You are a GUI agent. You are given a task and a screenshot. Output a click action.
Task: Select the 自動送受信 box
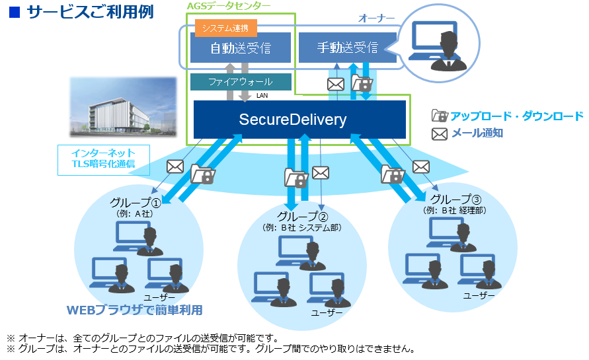240,48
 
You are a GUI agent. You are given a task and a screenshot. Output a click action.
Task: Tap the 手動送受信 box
347,48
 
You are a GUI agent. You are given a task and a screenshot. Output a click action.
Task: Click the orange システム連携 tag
225,28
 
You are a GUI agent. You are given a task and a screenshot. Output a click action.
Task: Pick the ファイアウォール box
241,82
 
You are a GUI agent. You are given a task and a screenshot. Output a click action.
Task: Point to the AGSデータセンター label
229,6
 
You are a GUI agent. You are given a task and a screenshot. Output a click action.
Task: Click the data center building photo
124,106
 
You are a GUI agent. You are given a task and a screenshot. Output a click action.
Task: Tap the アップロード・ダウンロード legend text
517,116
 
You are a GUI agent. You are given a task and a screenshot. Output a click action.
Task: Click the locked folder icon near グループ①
202,174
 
